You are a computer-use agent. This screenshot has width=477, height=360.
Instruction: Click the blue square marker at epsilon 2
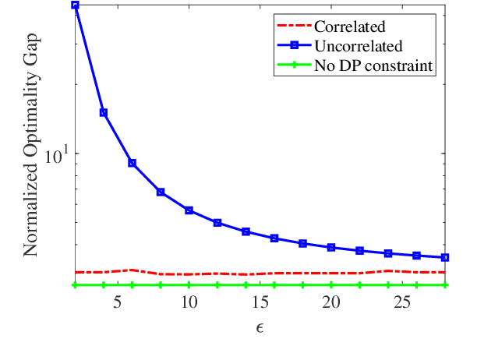click(x=75, y=5)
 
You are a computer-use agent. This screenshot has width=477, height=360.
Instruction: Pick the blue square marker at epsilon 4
click(x=104, y=113)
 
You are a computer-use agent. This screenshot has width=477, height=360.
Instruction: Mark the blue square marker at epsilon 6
click(x=132, y=163)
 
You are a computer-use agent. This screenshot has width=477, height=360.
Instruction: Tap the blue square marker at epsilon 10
click(x=189, y=210)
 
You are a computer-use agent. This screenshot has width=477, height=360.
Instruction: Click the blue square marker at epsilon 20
click(x=331, y=247)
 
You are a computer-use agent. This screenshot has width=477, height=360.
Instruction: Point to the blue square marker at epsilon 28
click(x=445, y=257)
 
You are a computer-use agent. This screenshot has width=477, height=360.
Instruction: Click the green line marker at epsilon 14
click(x=246, y=285)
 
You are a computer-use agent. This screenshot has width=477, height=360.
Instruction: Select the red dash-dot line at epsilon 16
click(x=274, y=273)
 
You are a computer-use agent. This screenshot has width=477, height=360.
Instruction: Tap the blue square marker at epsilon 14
click(x=246, y=231)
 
